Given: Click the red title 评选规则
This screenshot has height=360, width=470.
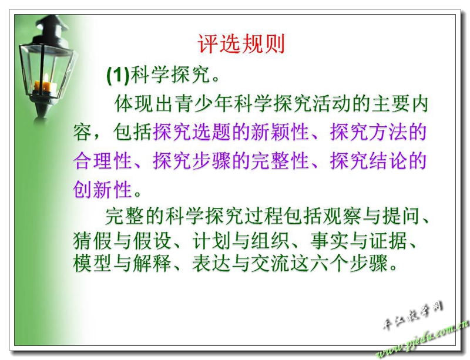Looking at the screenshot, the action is click(x=241, y=44).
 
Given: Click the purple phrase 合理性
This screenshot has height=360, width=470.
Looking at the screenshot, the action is click(x=102, y=161).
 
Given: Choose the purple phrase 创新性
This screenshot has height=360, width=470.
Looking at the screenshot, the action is click(x=102, y=189).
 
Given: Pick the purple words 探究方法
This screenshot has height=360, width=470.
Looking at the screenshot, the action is click(x=368, y=132).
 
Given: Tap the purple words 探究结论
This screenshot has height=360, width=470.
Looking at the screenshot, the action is click(x=368, y=161).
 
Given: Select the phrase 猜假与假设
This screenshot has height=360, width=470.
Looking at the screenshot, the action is click(x=122, y=241).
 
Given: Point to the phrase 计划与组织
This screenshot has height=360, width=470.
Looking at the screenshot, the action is click(x=240, y=241).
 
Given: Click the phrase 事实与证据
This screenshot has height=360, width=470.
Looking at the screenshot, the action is click(x=359, y=241).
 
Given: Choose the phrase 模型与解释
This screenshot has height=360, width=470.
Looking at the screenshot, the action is click(x=122, y=264).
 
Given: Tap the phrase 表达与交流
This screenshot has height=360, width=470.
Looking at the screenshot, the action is click(x=240, y=264).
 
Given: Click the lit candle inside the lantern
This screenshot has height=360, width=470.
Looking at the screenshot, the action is click(x=45, y=85).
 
